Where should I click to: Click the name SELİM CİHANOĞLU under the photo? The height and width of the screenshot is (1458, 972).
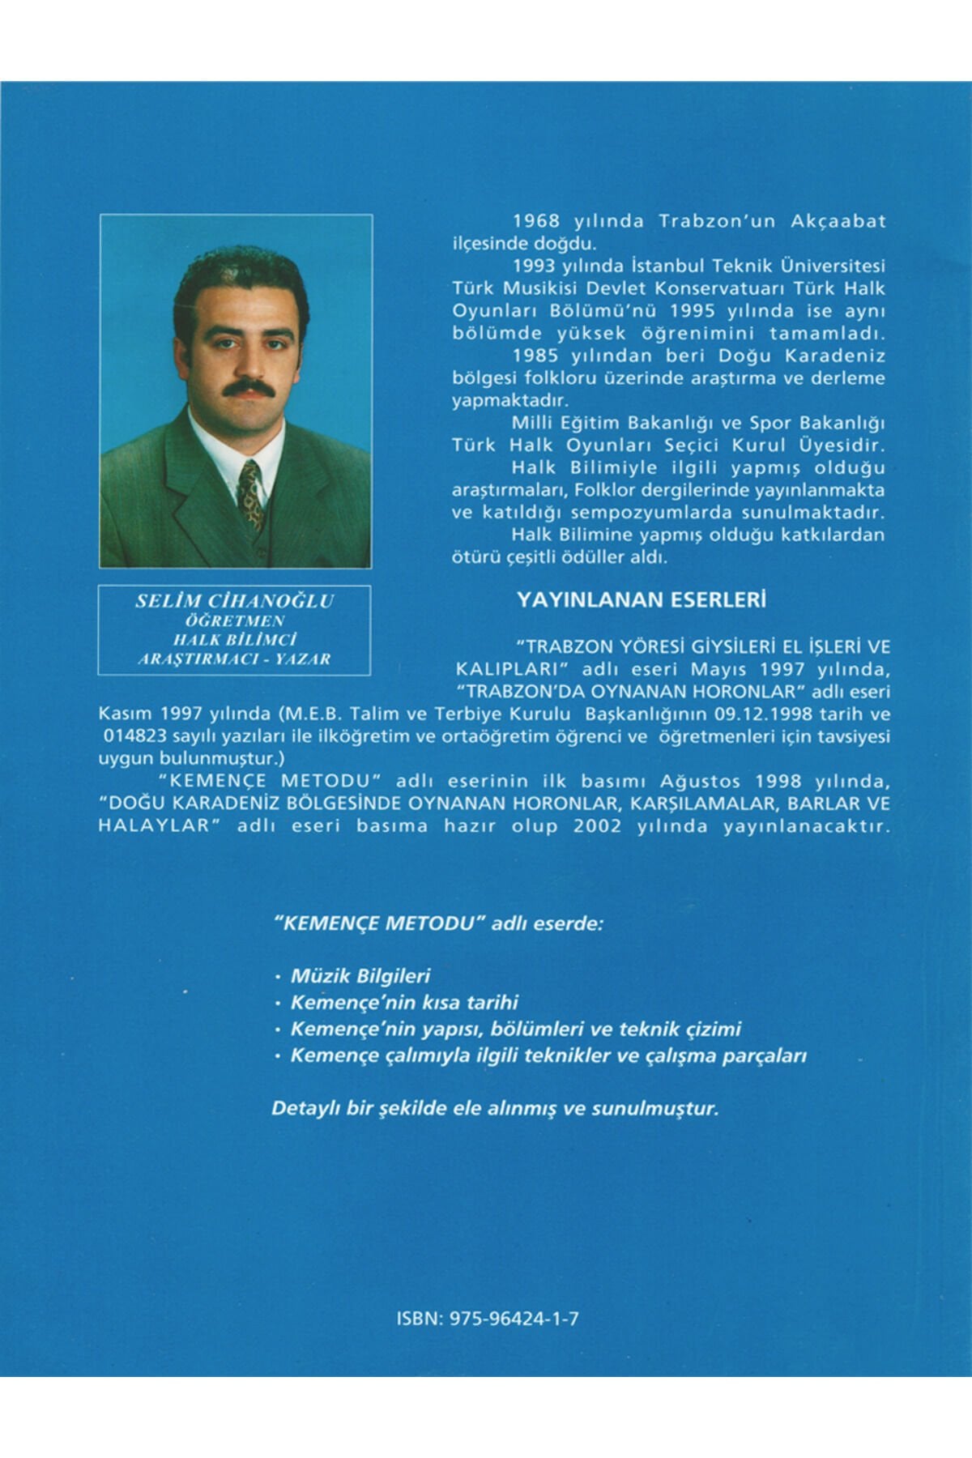pyautogui.click(x=235, y=601)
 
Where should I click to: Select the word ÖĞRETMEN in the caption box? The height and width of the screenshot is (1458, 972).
pyautogui.click(x=235, y=621)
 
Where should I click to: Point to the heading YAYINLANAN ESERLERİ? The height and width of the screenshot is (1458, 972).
pyautogui.click(x=642, y=599)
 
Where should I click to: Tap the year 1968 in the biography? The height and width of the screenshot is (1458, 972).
pyautogui.click(x=537, y=221)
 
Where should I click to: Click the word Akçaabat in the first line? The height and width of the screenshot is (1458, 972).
pyautogui.click(x=838, y=221)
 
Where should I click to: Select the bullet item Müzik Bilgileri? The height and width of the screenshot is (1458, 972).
pyautogui.click(x=360, y=976)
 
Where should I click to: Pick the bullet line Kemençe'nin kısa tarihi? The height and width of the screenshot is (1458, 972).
pyautogui.click(x=404, y=1003)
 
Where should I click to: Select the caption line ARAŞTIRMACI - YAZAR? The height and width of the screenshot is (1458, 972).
pyautogui.click(x=235, y=659)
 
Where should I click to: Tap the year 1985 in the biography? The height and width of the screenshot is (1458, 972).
pyautogui.click(x=537, y=356)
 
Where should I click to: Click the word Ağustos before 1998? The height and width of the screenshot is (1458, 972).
pyautogui.click(x=700, y=782)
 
